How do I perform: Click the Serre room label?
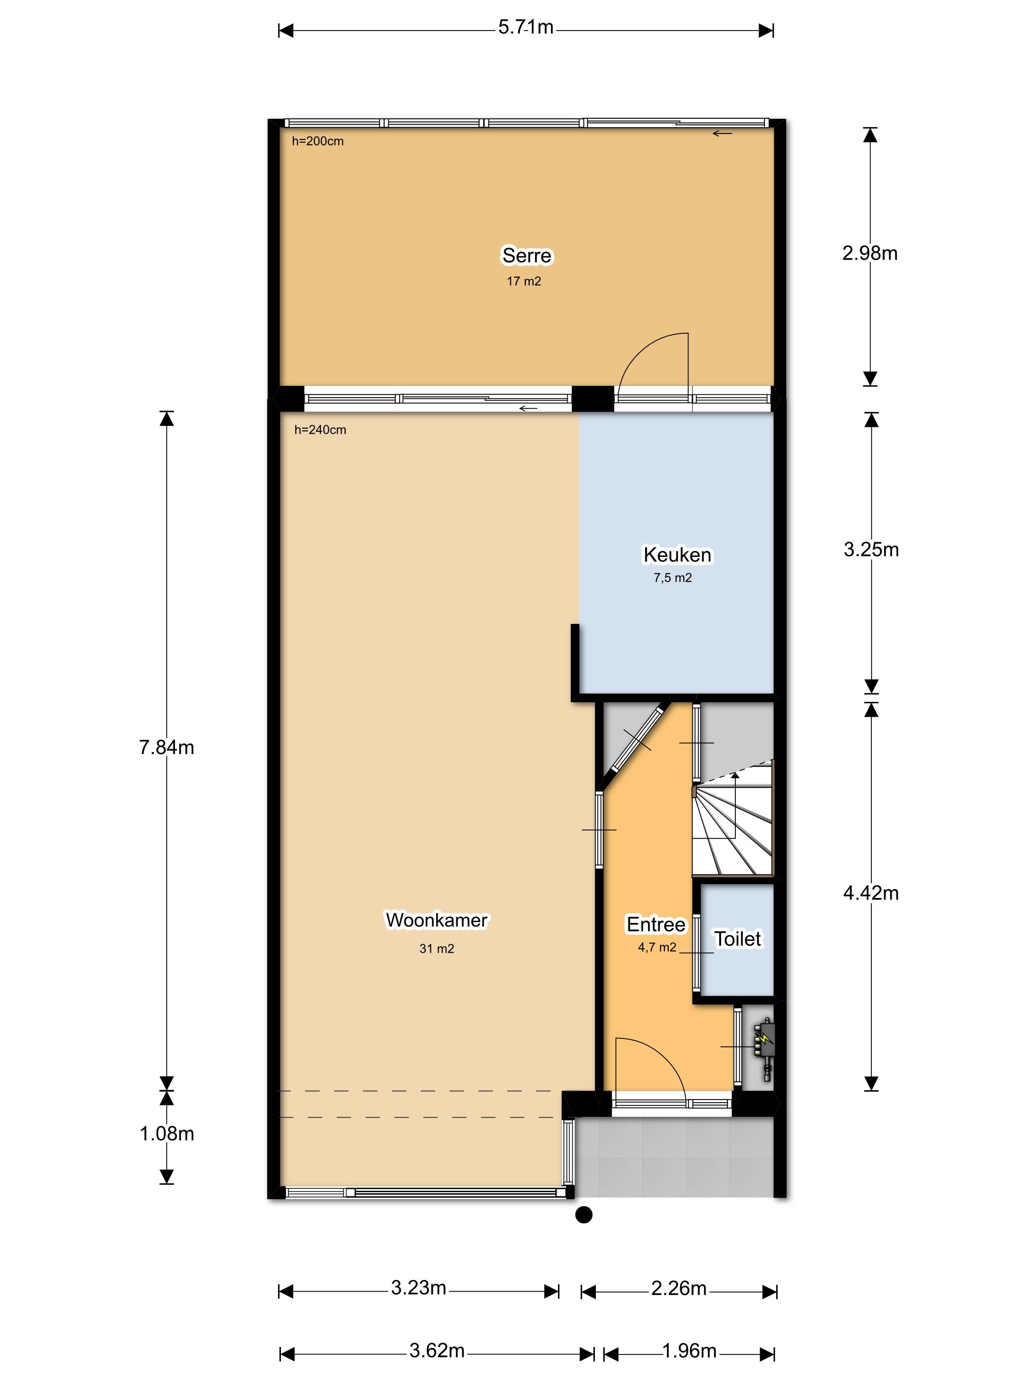[526, 256]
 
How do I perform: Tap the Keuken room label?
[677, 554]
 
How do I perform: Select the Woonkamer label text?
[436, 920]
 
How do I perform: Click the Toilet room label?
[737, 939]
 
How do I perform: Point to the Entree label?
[655, 925]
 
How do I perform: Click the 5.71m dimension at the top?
[525, 28]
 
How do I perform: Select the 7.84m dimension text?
[167, 747]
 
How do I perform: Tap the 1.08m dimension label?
[167, 1134]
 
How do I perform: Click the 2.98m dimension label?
[870, 253]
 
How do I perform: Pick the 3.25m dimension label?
[871, 550]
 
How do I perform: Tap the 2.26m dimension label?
[679, 1288]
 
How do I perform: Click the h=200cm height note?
[317, 141]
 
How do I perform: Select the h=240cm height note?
[320, 430]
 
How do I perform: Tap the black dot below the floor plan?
[584, 1215]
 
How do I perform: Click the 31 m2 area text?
[436, 949]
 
